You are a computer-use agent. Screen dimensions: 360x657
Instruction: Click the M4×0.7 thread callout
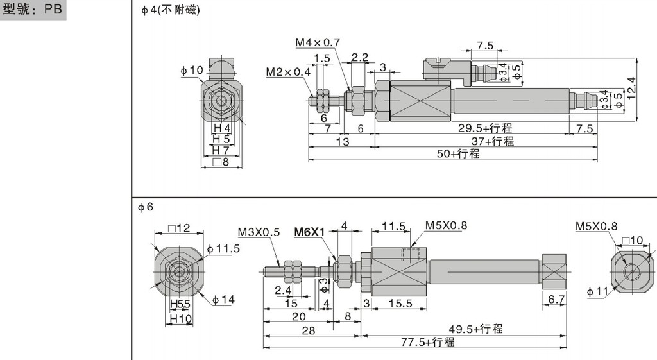point(318,42)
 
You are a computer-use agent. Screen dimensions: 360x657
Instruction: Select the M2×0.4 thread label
point(288,72)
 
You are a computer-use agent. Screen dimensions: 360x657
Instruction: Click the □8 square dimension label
point(220,162)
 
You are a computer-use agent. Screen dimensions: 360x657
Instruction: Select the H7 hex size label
point(221,150)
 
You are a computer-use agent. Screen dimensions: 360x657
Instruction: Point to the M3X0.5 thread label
point(259,232)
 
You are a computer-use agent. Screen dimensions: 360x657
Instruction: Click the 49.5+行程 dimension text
point(475,329)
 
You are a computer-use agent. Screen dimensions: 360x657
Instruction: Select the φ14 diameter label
point(224,298)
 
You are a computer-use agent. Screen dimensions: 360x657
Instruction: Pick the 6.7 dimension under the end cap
point(555,300)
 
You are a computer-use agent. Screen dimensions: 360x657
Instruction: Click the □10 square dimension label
point(633,241)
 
